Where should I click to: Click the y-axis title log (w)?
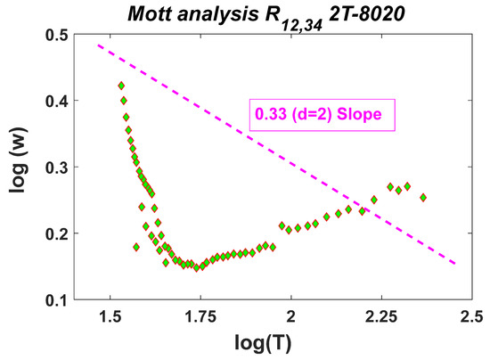(20, 167)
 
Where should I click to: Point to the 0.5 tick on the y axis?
(63, 35)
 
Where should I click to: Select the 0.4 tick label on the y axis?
(63, 102)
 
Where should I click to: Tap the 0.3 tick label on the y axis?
(63, 168)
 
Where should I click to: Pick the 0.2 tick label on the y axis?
(63, 234)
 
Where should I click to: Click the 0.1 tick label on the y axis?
(63, 300)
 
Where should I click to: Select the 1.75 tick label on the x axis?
(200, 318)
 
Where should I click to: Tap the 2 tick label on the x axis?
(291, 318)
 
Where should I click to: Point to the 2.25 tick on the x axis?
(381, 318)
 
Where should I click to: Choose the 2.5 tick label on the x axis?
(471, 318)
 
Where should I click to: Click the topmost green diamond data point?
(121, 86)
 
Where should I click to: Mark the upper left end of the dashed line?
(98, 44)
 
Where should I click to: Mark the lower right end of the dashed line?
(456, 264)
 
